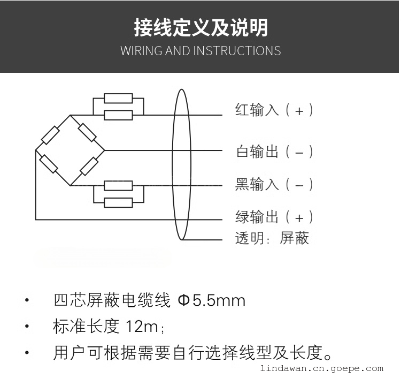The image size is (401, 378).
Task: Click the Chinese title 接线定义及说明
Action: (201, 27)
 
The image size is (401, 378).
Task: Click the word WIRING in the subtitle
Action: (141, 50)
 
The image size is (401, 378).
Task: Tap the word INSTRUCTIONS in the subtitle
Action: (237, 50)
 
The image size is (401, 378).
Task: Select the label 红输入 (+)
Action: (274, 110)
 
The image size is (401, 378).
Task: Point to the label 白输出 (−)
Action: (274, 151)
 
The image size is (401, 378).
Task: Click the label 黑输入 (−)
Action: (274, 184)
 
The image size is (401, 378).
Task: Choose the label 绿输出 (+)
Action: (274, 217)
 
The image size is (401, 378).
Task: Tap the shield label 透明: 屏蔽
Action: (272, 238)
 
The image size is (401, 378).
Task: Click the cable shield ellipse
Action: (173, 164)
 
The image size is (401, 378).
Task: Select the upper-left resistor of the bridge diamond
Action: (50, 135)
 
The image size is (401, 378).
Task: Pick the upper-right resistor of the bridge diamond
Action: (87, 132)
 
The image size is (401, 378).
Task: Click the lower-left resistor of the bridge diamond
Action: (49, 164)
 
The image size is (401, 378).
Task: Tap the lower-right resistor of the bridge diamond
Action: (89, 167)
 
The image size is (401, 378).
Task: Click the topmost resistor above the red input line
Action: (118, 99)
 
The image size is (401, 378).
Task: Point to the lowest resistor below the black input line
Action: (118, 202)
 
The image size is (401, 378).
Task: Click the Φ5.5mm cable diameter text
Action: (212, 300)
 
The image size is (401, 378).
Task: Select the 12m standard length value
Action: (142, 326)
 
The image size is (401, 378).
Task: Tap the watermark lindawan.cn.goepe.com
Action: (322, 368)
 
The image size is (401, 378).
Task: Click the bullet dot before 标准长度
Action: (27, 326)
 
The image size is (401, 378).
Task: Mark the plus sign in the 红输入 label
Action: (299, 111)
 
